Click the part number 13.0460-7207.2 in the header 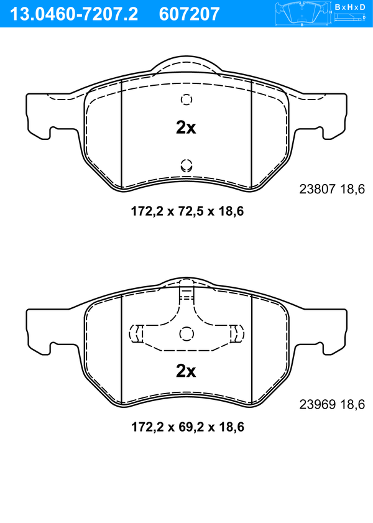pos(74,14)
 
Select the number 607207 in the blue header pos(190,14)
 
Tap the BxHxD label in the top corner pos(350,7)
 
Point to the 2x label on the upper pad pos(186,127)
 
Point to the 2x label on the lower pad pos(186,371)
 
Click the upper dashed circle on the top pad pos(186,100)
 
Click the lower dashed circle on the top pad pos(186,165)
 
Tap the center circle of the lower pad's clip pos(186,333)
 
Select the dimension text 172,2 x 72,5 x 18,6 pos(187,211)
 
